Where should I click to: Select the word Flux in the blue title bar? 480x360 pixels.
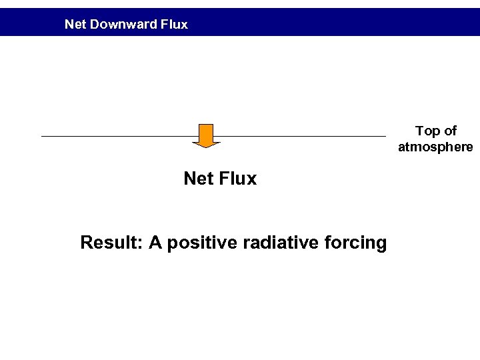174,25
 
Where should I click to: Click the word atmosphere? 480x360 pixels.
435,147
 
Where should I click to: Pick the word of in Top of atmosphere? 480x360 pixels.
450,131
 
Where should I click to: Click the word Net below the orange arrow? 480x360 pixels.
198,179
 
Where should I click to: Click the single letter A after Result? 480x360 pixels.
155,243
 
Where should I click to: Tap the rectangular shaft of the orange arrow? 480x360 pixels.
206,132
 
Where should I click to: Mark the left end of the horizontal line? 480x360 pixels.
43,137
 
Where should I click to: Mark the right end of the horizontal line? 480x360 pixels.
385,137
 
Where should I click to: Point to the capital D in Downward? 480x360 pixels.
95,25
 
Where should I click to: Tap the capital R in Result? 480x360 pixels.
86,243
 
